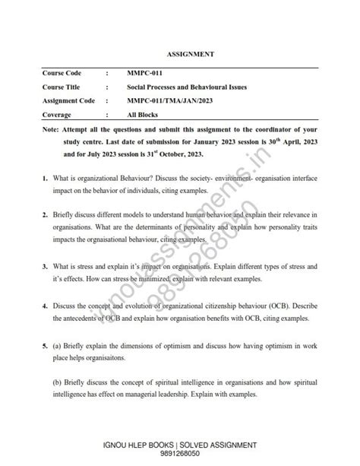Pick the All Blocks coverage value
point(142,115)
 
